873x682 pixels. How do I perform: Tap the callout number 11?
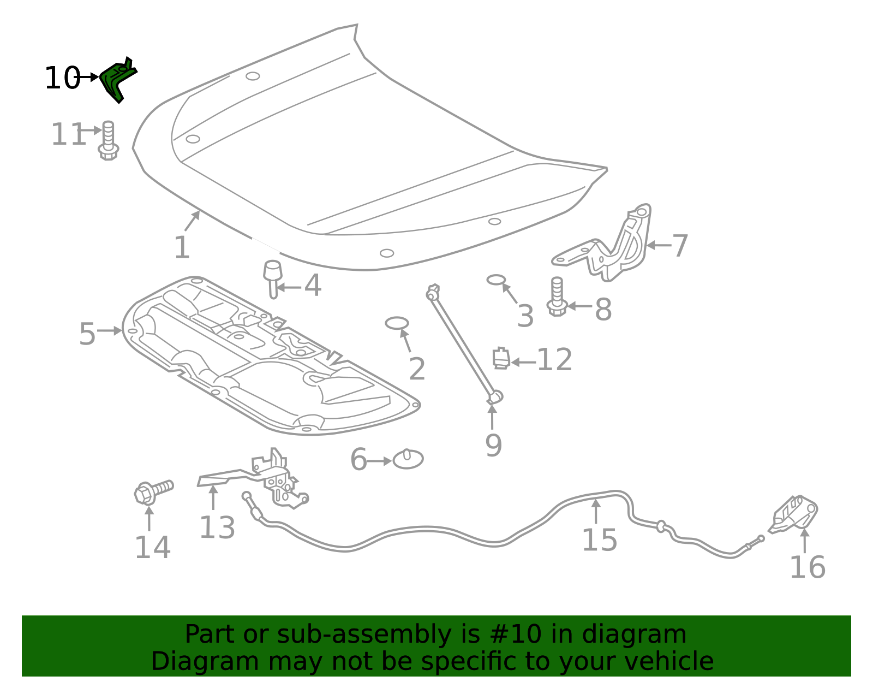(68, 134)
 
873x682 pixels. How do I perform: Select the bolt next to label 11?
(108, 141)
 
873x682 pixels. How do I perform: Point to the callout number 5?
(87, 334)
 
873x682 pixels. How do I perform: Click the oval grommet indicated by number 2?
(397, 323)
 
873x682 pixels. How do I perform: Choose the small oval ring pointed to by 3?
(496, 280)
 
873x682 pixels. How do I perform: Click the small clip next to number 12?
(501, 358)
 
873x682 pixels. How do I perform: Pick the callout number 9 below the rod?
(493, 446)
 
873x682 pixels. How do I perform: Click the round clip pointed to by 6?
(408, 459)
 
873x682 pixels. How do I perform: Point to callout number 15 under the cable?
(599, 540)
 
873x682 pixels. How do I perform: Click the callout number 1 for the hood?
(181, 248)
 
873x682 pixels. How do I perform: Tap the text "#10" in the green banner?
(516, 634)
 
